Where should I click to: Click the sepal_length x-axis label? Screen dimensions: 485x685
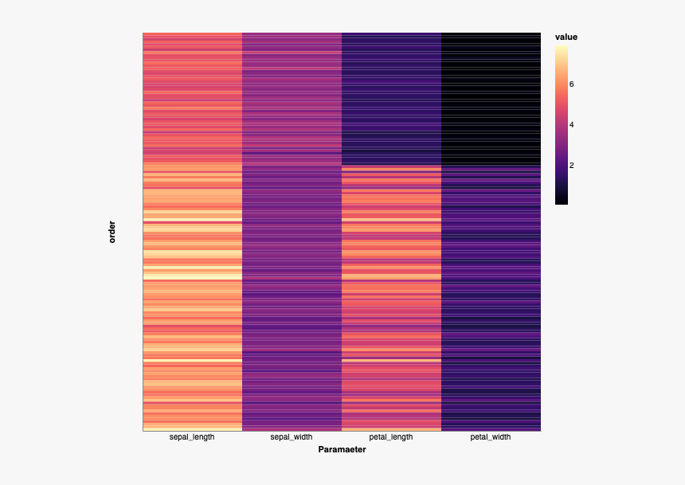(192, 437)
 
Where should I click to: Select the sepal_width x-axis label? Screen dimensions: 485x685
(292, 437)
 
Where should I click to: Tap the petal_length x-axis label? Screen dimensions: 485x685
(391, 437)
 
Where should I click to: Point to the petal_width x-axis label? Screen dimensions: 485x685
(491, 437)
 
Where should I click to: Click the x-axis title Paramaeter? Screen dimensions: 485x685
(342, 450)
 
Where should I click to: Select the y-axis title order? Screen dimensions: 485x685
(112, 232)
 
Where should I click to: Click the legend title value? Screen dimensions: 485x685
(566, 37)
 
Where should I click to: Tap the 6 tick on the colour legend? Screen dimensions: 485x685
(571, 84)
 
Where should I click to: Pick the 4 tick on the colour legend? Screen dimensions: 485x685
(571, 124)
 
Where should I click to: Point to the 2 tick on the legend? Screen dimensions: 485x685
(571, 165)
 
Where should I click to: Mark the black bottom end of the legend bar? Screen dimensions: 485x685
(562, 201)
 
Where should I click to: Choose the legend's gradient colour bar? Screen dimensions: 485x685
(562, 124)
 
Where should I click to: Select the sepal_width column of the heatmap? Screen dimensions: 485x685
(292, 232)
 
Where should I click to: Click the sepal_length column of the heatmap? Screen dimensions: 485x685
(192, 232)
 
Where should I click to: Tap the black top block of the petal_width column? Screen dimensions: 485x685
(491, 96)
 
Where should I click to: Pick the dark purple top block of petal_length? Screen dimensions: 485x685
(391, 96)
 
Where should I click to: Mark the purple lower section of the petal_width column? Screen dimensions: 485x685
(491, 303)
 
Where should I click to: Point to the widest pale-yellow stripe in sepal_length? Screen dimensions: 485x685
(192, 276)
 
